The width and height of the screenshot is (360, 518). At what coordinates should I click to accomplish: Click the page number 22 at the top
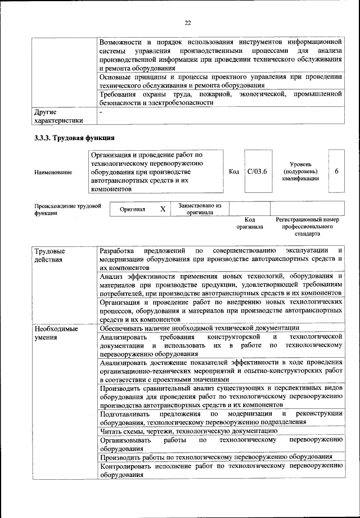point(188,22)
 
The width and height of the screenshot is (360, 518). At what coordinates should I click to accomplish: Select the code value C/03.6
point(256,172)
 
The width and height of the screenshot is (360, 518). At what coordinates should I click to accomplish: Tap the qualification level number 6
point(336,172)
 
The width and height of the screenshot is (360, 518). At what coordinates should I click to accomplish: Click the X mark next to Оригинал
point(163,209)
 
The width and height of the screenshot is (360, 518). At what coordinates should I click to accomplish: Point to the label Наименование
point(53,172)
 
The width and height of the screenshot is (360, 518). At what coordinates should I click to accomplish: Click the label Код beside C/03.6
point(234,172)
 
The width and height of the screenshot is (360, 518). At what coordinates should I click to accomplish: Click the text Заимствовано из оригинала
point(200,209)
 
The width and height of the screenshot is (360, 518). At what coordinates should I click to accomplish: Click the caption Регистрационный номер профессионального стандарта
point(307,226)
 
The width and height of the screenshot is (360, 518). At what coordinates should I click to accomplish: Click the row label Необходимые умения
point(55,332)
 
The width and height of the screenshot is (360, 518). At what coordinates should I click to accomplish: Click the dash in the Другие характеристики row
point(100,112)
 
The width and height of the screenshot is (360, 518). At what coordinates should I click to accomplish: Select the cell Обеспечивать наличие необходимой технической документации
point(199,328)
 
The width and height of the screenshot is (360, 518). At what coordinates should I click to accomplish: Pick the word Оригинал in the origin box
point(133,209)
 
